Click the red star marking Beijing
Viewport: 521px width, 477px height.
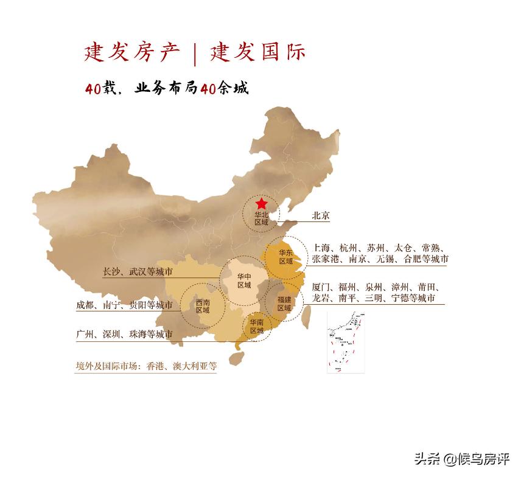(261, 204)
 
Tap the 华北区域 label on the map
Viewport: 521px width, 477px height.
(261, 218)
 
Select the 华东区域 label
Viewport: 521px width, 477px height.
(285, 257)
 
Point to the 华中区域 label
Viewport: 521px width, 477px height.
(244, 281)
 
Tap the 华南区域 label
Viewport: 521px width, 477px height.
(256, 327)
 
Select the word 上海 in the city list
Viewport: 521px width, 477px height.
(321, 248)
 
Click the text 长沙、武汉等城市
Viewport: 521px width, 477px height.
(138, 272)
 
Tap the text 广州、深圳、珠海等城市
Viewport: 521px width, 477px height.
(124, 335)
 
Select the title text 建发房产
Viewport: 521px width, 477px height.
(132, 53)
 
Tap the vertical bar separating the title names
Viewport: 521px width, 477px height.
(195, 54)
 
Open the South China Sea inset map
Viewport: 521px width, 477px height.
(346, 342)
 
